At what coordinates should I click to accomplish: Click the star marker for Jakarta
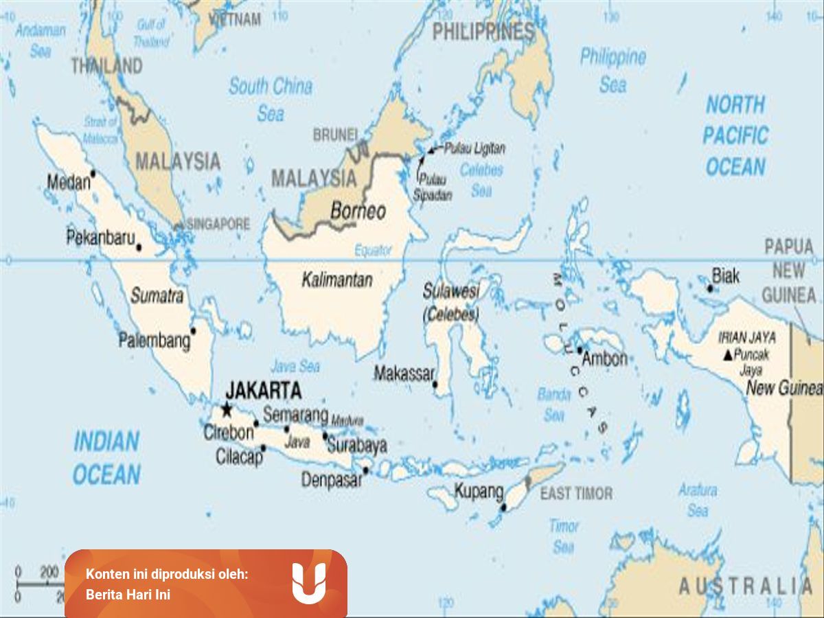click(x=227, y=410)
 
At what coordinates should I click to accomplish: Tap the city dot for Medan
click(x=93, y=173)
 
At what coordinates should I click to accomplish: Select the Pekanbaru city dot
click(x=139, y=247)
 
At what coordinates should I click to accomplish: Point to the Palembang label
click(x=154, y=341)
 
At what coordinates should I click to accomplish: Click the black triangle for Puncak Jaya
click(x=727, y=356)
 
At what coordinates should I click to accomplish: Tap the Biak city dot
click(x=710, y=288)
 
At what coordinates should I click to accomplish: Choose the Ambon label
click(x=604, y=358)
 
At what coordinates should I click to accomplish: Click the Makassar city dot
click(x=435, y=384)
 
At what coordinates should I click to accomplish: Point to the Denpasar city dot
click(x=366, y=470)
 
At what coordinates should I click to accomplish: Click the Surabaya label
click(x=356, y=445)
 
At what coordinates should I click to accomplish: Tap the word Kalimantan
click(x=336, y=280)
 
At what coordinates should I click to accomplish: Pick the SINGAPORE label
click(x=218, y=225)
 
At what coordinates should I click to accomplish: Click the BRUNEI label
click(x=335, y=135)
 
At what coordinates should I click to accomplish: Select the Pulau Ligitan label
click(x=474, y=148)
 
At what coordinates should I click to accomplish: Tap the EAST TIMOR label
click(x=576, y=494)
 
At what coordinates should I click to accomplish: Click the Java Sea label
click(x=295, y=366)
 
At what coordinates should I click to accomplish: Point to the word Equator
click(x=373, y=251)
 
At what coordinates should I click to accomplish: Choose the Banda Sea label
click(x=554, y=404)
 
